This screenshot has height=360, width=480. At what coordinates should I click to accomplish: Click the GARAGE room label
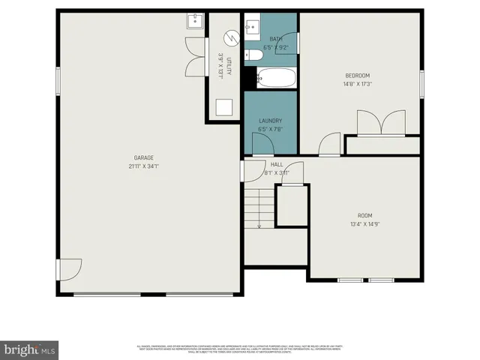pos(143,157)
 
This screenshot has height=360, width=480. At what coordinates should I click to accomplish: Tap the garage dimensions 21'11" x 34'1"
pos(143,166)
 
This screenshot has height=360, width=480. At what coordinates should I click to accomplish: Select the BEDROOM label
pos(356,76)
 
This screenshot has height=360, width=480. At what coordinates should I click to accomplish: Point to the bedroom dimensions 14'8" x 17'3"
pos(356,84)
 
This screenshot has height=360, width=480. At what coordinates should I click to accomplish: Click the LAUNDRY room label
pos(270,121)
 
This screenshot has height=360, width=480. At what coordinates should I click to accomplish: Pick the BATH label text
pos(275,39)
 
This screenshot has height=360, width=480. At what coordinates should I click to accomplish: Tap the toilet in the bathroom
pos(254,54)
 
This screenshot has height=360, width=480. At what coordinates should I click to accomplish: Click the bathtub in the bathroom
pos(276,76)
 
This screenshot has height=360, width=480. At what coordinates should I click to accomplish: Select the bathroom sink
pos(253,23)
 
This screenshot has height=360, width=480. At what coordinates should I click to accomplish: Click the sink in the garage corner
pos(195,20)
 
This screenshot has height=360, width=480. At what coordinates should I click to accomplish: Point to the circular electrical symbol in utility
pos(231,37)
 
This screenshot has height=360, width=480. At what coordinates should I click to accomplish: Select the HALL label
pos(277,164)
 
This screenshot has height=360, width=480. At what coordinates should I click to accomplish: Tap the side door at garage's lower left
pos(70,268)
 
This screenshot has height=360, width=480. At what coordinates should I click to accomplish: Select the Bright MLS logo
pos(29,349)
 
